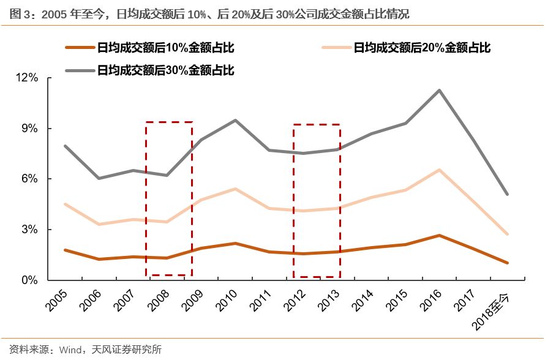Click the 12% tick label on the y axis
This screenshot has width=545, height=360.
28,78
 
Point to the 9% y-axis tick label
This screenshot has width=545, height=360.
31,129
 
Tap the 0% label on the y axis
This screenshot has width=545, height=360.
31,280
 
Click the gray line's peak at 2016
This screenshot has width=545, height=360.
438,91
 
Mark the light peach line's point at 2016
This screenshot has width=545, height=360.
438,170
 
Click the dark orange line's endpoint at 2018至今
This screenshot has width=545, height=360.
507,263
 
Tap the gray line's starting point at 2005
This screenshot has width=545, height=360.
64,146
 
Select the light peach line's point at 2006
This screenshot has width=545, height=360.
99,225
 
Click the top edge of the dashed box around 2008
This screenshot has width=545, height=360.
169,122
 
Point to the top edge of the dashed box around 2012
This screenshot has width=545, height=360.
317,125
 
